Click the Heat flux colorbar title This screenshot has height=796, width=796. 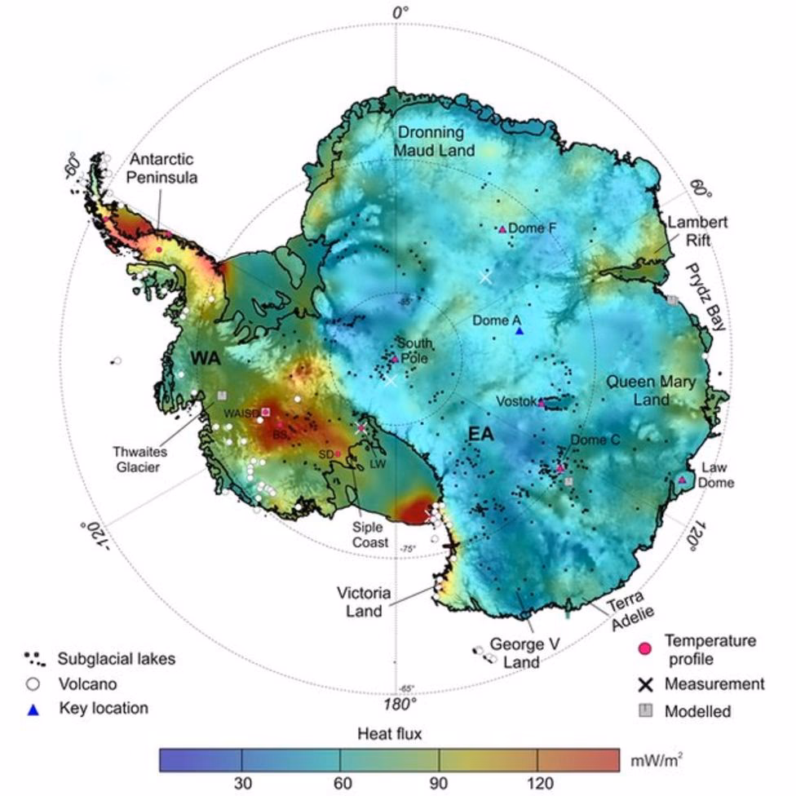pos(389,732)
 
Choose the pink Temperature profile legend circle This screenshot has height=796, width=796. pos(646,648)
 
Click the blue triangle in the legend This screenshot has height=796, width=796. pos(33,709)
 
